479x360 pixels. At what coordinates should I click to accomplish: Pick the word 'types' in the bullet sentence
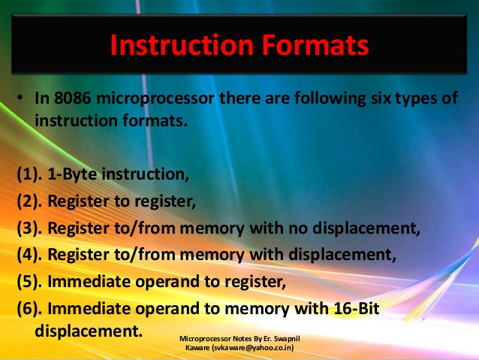point(411,99)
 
